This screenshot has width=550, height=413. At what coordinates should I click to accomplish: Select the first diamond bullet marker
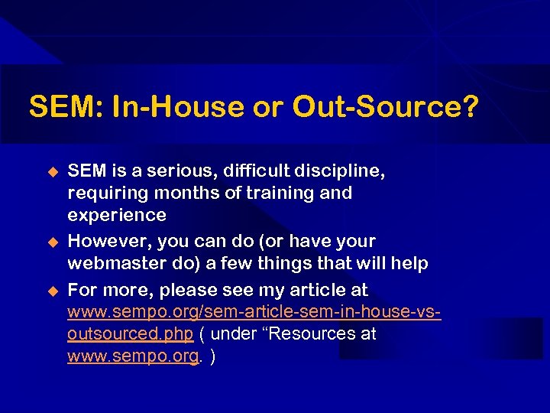click(x=53, y=171)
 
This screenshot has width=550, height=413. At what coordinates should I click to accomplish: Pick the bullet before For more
click(x=53, y=291)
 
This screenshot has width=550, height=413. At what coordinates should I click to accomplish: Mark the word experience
click(x=117, y=215)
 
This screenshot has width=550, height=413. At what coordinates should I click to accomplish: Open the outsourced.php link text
click(x=131, y=334)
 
